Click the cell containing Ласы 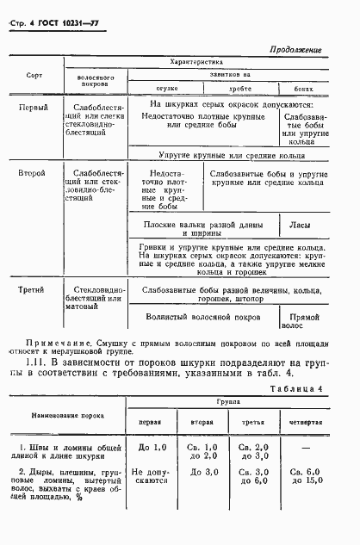[x=301, y=227]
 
